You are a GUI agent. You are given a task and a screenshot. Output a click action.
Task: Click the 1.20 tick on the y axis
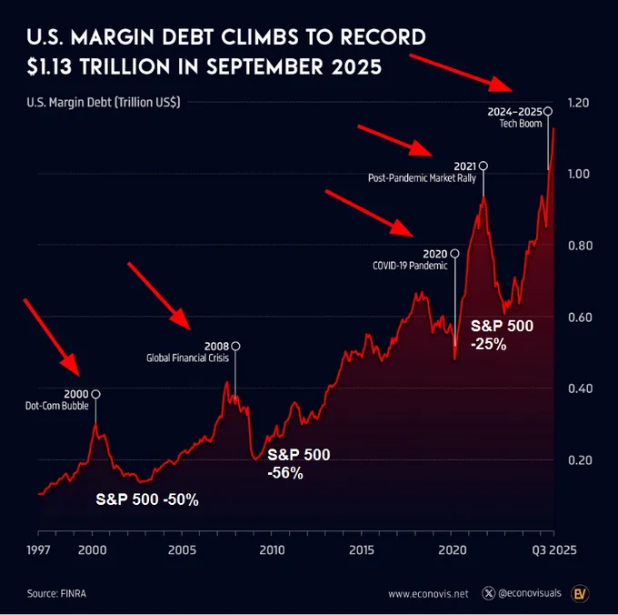click(578, 103)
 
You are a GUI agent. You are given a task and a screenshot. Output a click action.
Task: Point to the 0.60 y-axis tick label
click(578, 318)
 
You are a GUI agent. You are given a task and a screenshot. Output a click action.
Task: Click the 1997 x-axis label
click(38, 549)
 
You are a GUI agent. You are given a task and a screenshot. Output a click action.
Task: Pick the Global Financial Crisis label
click(187, 358)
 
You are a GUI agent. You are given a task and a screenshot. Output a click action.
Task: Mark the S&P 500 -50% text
click(147, 499)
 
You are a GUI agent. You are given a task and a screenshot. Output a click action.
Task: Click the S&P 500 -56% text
click(298, 463)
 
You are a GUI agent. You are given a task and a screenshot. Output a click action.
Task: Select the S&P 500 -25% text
click(502, 334)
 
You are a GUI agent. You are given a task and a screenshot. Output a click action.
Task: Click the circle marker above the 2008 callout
click(236, 346)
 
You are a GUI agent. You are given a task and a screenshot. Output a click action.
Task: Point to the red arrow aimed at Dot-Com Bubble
click(53, 337)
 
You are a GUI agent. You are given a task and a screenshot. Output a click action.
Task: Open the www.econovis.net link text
click(428, 594)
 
